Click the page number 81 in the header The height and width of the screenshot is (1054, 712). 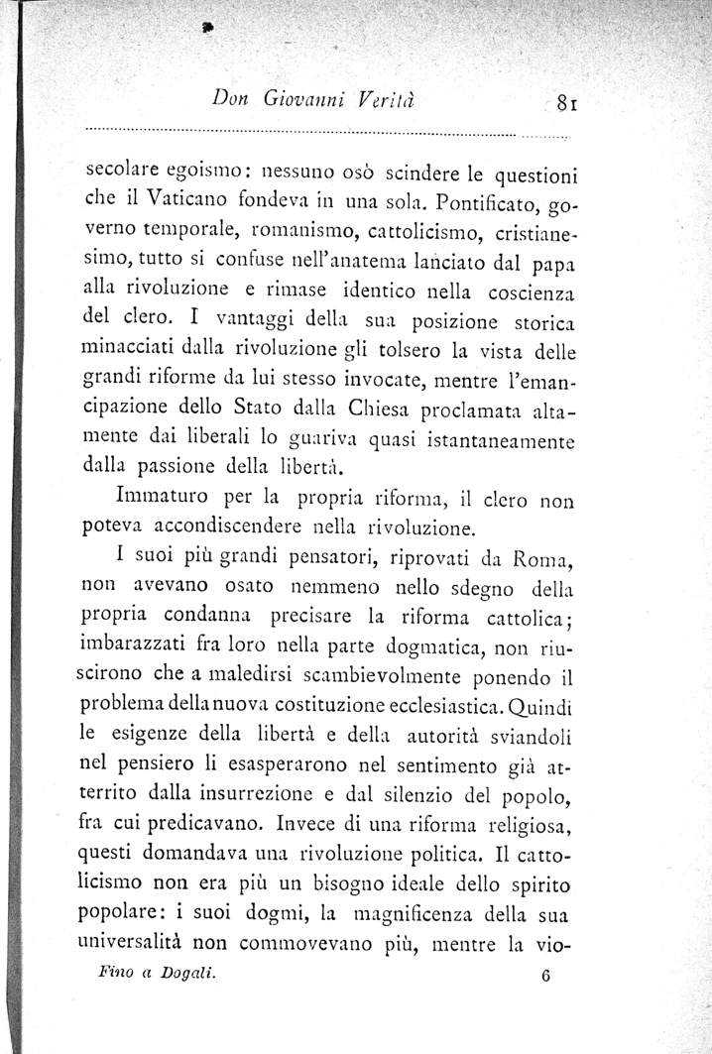[x=567, y=101]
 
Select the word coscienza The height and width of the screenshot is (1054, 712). [x=533, y=296]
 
